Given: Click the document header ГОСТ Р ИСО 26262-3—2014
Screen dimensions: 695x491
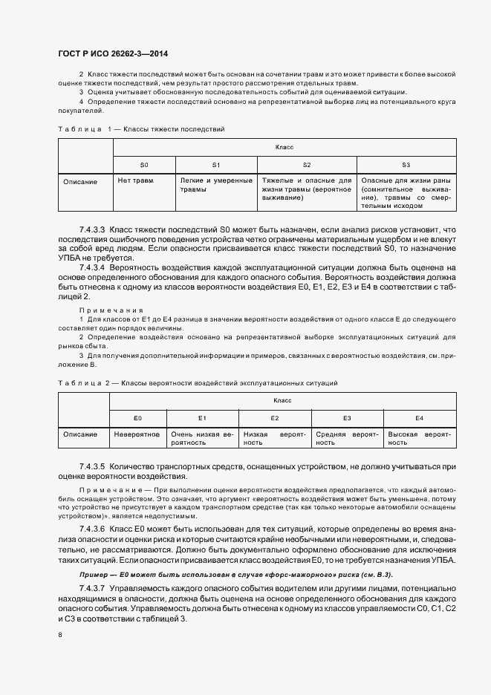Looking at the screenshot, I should [111, 54].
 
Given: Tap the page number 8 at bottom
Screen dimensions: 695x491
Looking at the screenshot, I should [59, 635].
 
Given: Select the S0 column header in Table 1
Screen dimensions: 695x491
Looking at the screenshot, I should [144, 164].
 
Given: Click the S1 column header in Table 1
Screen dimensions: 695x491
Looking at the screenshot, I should [215, 164].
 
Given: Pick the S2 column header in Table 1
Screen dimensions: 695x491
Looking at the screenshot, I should [306, 164].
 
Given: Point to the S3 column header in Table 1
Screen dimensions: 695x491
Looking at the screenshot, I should [406, 164].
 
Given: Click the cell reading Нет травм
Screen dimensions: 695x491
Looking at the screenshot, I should [136, 180].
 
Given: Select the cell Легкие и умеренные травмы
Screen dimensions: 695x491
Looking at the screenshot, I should [215, 185].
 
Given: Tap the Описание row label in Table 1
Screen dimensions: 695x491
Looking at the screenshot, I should [80, 181].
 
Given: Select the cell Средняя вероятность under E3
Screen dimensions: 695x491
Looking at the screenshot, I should [347, 438].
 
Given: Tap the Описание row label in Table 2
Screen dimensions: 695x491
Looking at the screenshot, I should [80, 434].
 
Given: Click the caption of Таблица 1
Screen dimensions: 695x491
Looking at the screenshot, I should [141, 129].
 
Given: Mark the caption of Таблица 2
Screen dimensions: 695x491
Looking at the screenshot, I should [198, 382].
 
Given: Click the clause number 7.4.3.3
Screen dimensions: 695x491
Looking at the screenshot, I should [93, 230].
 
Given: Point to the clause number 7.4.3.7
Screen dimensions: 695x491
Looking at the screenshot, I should [93, 587].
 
